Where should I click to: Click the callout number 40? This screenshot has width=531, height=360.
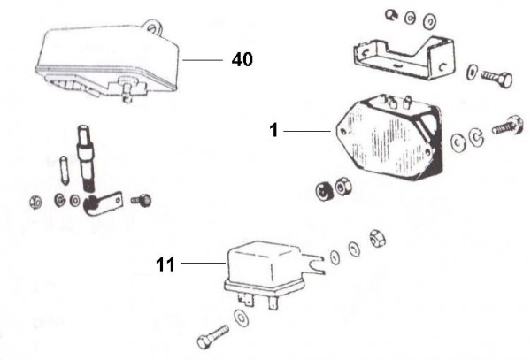tap(242, 59)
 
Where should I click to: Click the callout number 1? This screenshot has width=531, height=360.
tap(274, 130)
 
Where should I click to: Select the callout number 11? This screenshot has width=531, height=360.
tap(166, 262)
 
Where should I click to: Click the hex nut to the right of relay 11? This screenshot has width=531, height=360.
tap(374, 238)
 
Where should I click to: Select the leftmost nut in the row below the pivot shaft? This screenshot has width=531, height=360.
tap(35, 200)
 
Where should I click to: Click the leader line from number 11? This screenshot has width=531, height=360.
tap(202, 262)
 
